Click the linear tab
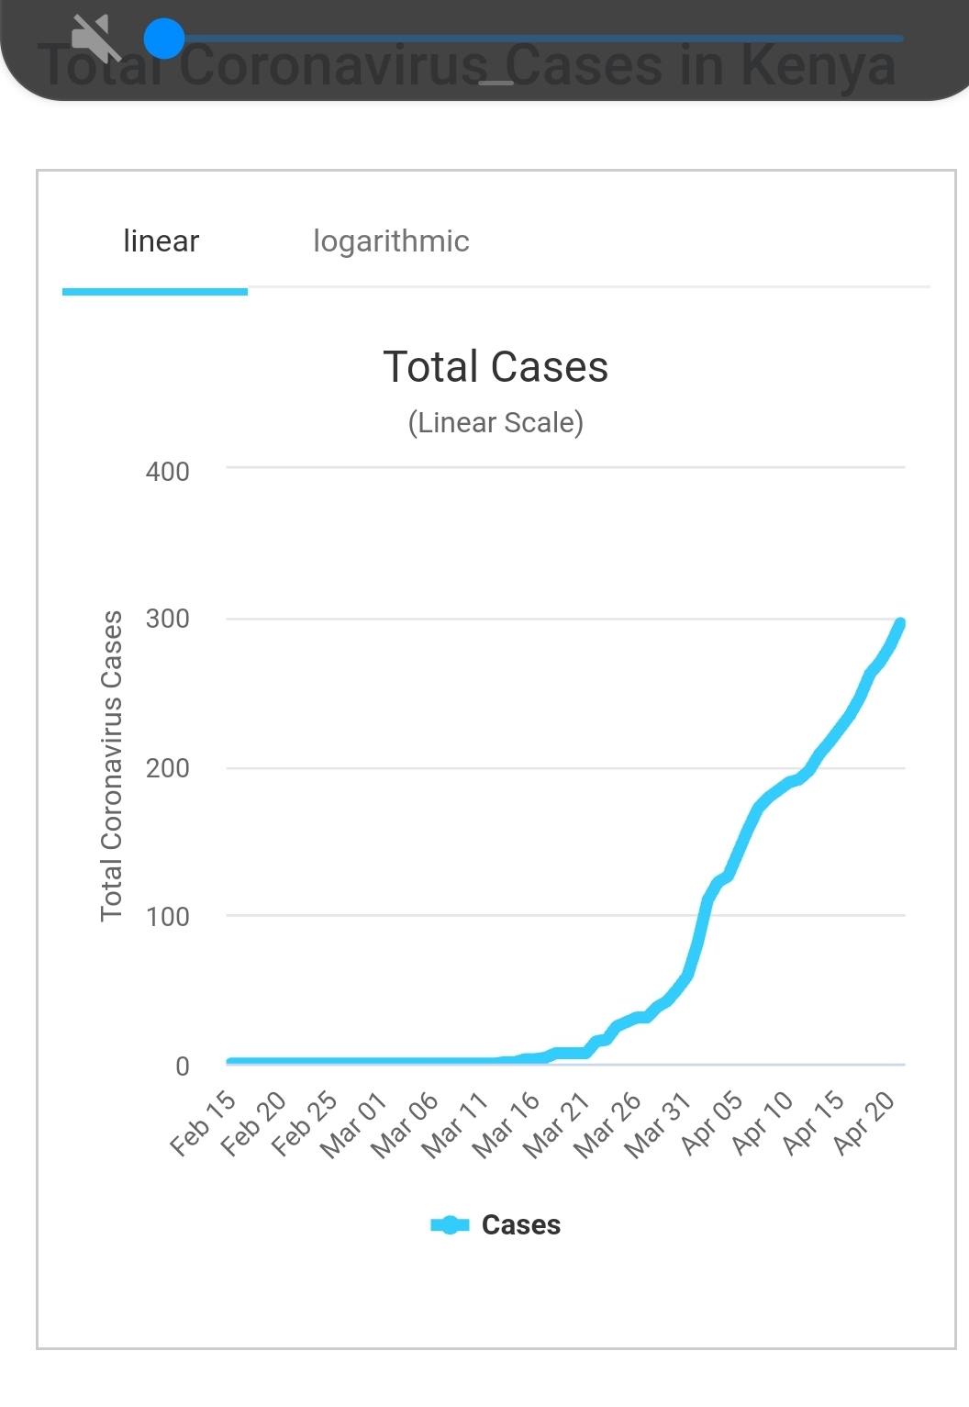(161, 241)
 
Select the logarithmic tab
(391, 241)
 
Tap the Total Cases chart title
(496, 367)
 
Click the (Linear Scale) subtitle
(496, 423)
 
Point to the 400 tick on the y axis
(168, 472)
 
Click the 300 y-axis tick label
(168, 619)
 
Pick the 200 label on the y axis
(168, 768)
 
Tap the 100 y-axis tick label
(168, 916)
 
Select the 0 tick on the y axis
(183, 1066)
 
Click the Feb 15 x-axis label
(204, 1122)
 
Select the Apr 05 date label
(712, 1122)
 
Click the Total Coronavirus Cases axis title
(112, 765)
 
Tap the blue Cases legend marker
(450, 1225)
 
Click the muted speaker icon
(95, 38)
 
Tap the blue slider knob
(164, 39)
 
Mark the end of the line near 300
(900, 624)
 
